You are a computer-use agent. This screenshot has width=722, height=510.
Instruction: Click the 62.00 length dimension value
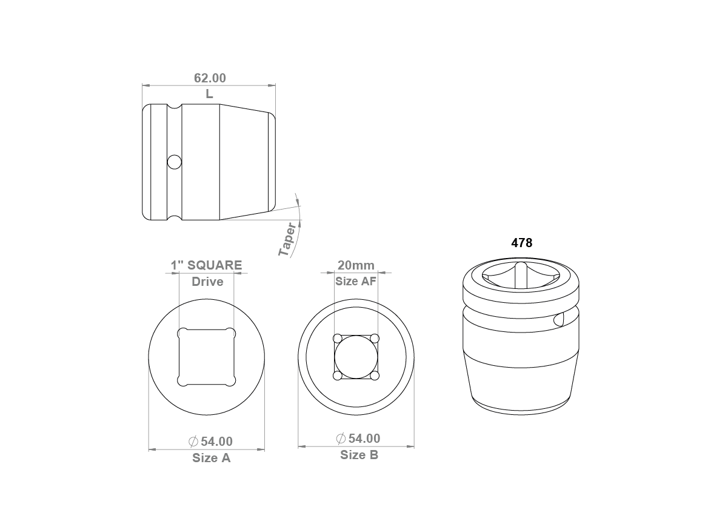point(210,78)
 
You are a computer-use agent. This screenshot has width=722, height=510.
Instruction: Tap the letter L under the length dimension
point(209,94)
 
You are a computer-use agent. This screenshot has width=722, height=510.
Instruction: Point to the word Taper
point(288,239)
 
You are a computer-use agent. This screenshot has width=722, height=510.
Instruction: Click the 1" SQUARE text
point(206,265)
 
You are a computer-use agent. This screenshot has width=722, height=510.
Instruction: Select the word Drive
point(207,282)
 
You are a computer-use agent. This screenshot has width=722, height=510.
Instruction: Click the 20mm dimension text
point(356,265)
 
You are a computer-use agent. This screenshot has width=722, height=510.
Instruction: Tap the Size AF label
point(355,281)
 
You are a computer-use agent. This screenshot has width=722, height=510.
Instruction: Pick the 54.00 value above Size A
point(217,442)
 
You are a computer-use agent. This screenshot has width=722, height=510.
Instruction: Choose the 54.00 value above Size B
point(364,439)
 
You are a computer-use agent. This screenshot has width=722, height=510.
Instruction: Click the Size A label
point(212,458)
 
